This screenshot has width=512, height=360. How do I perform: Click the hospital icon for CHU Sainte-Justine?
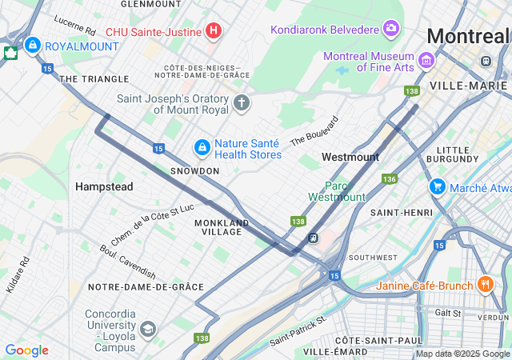213,31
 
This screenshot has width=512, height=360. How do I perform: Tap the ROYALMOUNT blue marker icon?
33,46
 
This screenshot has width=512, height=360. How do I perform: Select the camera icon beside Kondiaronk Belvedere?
391,30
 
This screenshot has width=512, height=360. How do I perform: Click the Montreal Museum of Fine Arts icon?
426,61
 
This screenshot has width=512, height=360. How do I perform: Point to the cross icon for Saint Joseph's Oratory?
242,103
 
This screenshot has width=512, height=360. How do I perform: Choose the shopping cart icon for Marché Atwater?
437,187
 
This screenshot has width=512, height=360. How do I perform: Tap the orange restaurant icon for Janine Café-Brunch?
485,285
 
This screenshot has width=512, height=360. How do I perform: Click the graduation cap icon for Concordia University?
148,329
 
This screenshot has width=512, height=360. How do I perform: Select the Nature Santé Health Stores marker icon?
202,148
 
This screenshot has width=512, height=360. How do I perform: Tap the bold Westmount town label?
350,157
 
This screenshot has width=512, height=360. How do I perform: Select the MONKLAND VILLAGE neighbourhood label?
222,227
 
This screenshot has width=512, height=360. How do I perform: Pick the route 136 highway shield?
390,178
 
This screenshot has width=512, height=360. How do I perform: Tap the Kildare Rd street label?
17,274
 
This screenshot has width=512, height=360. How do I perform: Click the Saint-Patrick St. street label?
298,330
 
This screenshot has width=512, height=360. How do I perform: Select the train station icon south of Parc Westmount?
314,237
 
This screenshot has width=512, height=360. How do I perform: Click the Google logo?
26,350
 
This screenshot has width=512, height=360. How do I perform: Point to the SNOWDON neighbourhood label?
194,171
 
